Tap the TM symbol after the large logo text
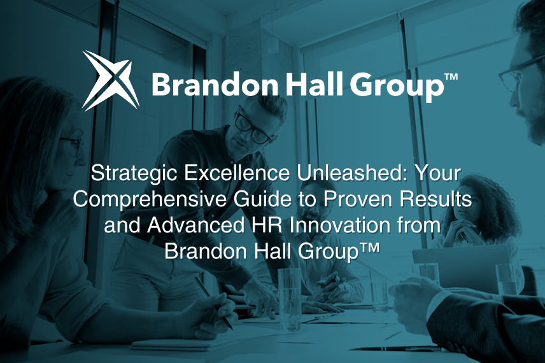point(450,78)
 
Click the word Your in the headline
point(436,173)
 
